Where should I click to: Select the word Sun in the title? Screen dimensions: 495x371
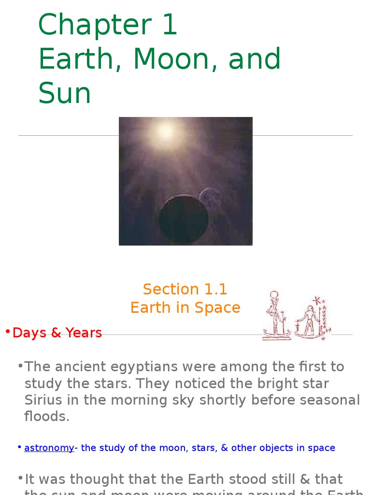[65, 93]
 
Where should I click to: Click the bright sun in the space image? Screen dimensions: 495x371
[164, 131]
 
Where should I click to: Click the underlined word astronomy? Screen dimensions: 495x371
[49, 448]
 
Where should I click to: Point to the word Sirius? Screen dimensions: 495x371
[43, 400]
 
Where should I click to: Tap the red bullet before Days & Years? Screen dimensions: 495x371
[8, 332]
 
